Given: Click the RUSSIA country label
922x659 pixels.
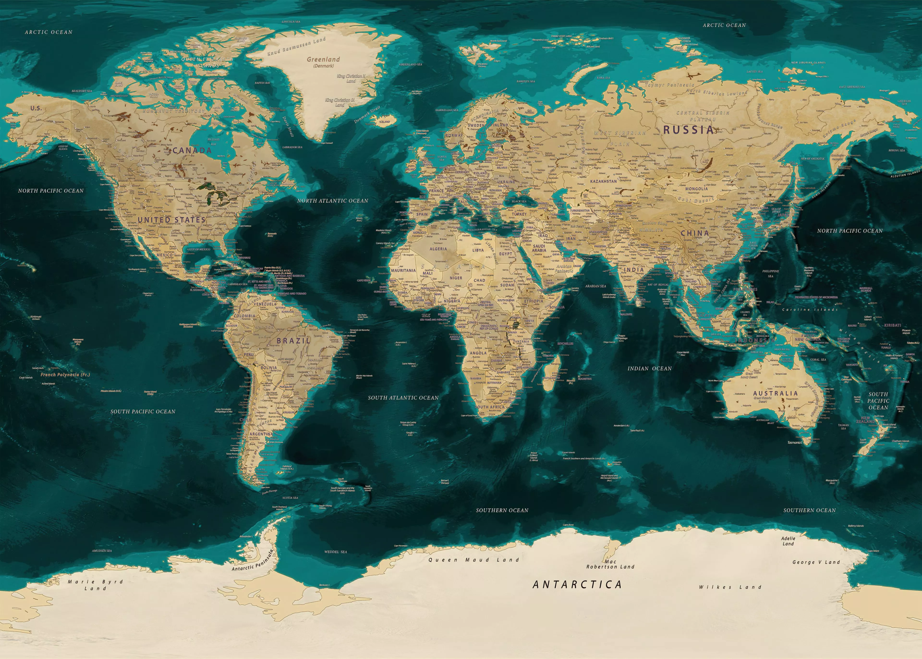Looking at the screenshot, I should click(688, 130).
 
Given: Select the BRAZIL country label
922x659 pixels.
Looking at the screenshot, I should click(294, 341).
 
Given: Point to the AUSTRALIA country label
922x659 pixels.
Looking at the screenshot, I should click(775, 393).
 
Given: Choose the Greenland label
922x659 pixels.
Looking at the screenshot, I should click(323, 59).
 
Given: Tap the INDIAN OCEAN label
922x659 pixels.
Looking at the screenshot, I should click(649, 369).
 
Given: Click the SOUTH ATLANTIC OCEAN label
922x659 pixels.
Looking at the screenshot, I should click(403, 398).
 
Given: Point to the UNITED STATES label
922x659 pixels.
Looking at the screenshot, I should click(171, 220).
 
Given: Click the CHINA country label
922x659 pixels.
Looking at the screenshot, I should click(695, 233).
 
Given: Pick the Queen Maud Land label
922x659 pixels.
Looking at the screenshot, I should click(473, 560).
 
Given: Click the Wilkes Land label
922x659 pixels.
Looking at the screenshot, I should click(730, 587).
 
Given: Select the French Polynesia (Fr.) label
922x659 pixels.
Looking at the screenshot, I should click(65, 375).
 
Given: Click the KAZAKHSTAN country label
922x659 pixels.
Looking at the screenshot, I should click(603, 181).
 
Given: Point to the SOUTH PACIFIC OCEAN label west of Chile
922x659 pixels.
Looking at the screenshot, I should click(143, 412).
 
